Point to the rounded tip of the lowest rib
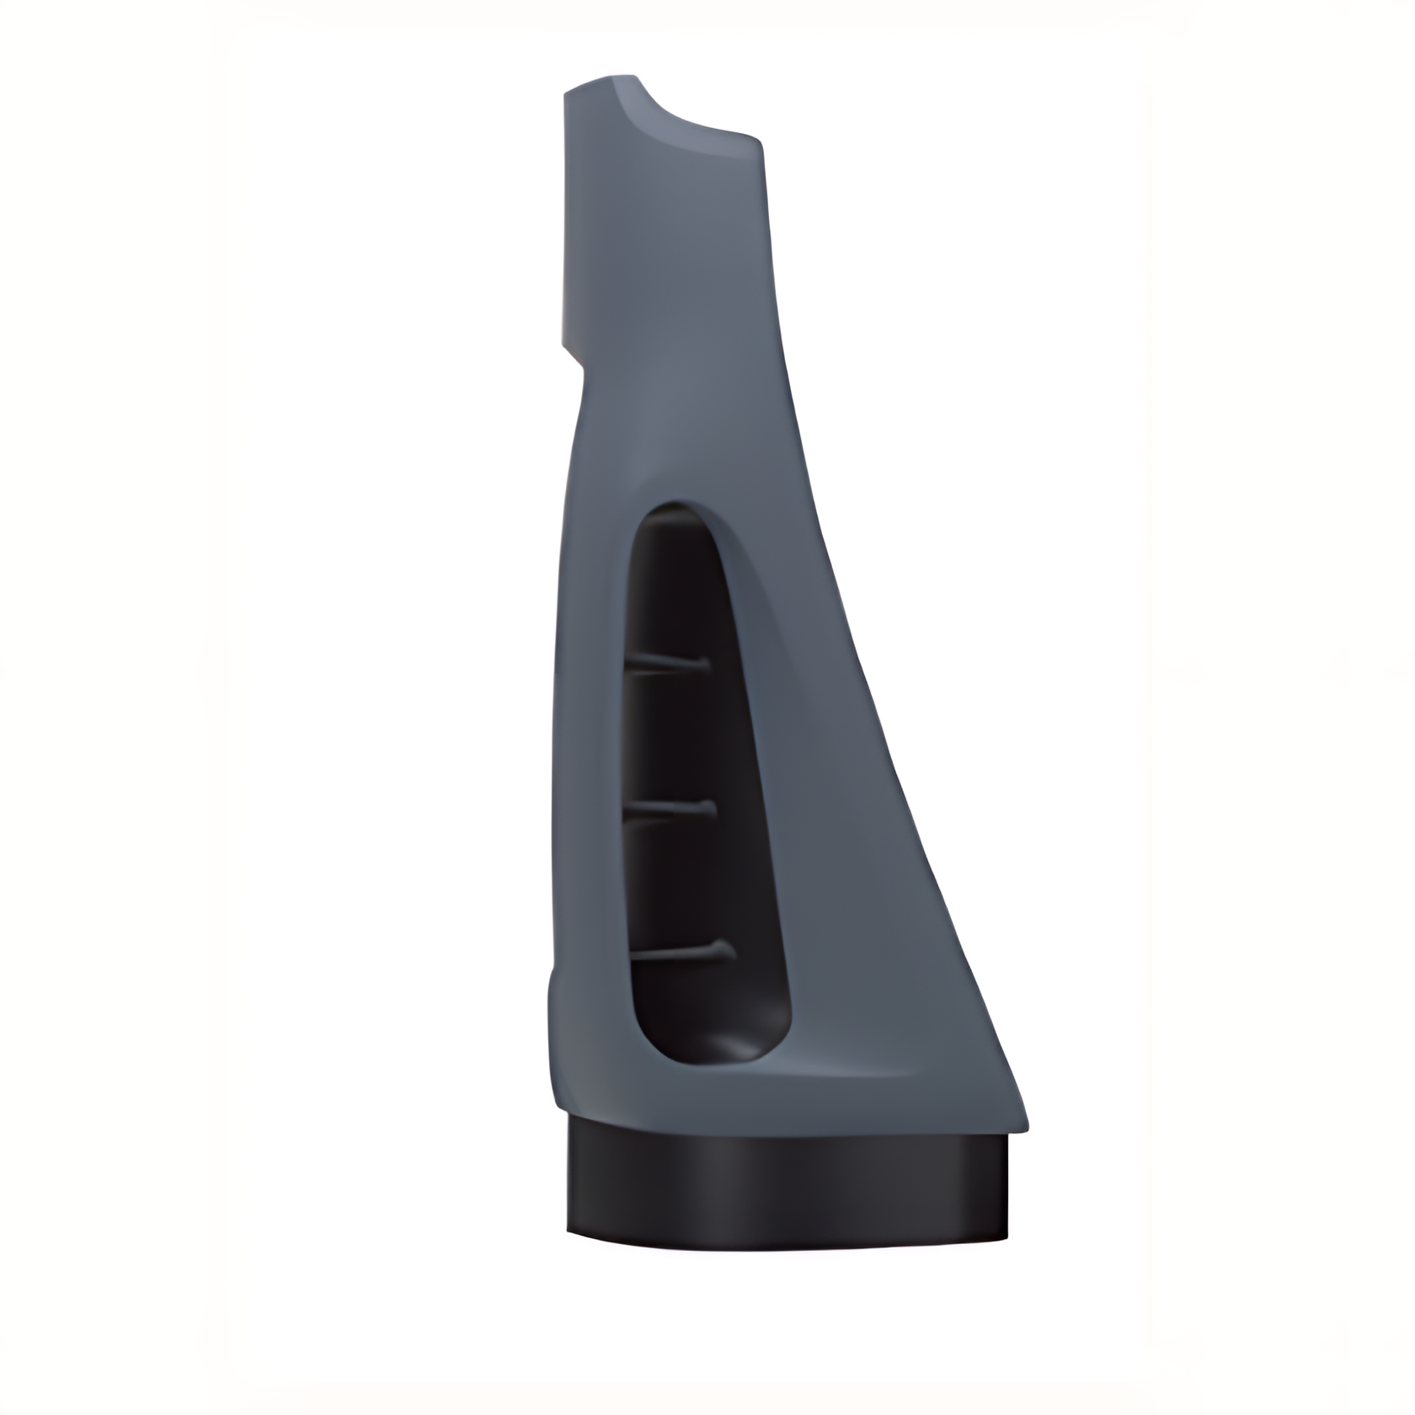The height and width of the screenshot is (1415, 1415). coord(728,952)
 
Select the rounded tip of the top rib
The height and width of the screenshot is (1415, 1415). coord(704,666)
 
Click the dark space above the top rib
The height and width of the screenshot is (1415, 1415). coord(670,590)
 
